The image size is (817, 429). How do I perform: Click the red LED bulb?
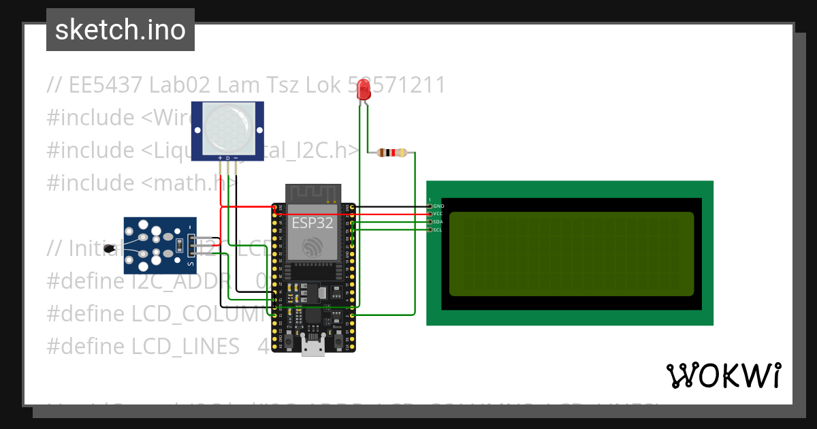point(364,89)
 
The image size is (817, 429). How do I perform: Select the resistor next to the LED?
point(391,153)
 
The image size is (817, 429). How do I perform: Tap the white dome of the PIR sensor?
point(227,129)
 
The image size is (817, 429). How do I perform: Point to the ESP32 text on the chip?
point(312,222)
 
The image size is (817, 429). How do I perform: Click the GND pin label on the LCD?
point(438,206)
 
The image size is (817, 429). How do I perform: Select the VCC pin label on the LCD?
point(438,214)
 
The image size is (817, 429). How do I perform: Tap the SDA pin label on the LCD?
point(438,222)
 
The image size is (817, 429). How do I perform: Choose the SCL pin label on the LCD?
point(438,230)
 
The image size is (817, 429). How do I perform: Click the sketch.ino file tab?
point(121,30)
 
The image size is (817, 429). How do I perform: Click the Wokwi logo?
point(723,375)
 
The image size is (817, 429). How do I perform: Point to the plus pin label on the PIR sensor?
point(220,159)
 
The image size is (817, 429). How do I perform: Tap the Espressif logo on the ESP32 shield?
point(312,247)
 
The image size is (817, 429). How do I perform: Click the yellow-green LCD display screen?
point(571,254)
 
